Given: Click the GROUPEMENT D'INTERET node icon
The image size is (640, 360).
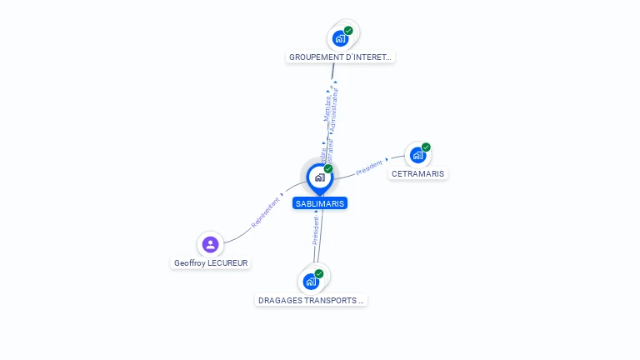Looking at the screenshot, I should (x=340, y=38).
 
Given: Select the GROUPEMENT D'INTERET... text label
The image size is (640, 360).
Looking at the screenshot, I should (x=339, y=57).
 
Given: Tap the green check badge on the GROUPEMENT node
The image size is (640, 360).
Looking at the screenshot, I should (x=348, y=31).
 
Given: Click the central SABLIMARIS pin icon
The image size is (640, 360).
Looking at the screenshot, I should (x=319, y=177).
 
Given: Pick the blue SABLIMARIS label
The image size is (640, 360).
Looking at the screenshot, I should (x=319, y=203).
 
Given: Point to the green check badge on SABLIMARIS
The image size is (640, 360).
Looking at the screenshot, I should (x=328, y=169).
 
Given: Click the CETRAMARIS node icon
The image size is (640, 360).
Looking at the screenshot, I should (x=417, y=155).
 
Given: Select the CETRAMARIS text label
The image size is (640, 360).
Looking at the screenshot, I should (x=418, y=174).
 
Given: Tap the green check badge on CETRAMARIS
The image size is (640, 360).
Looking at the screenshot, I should (x=426, y=147).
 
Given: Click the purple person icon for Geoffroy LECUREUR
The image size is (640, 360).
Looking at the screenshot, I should (x=210, y=244).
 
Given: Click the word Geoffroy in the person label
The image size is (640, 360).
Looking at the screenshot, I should (x=189, y=263).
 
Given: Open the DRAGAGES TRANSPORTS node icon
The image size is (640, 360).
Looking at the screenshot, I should (x=311, y=281).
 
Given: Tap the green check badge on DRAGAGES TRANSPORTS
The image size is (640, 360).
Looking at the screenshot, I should (x=319, y=273).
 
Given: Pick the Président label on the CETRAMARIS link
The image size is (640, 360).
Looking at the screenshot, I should (x=370, y=167).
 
